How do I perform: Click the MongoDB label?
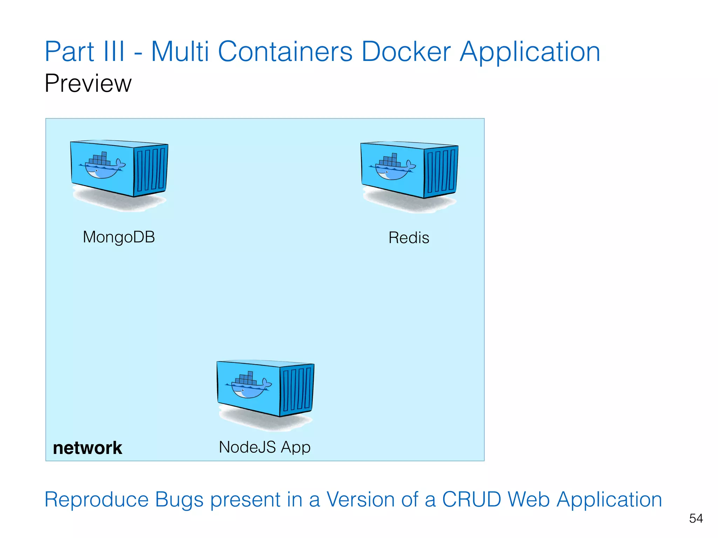[119, 237]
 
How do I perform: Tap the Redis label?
[409, 238]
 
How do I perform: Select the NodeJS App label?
[265, 447]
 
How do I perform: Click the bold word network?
[88, 448]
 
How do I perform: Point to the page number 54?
[696, 518]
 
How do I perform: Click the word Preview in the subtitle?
[88, 83]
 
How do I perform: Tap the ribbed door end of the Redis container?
[441, 171]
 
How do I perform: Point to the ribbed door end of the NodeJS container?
[297, 390]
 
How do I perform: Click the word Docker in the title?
[406, 52]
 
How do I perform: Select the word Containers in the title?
[285, 52]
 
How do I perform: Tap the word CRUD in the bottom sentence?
[472, 499]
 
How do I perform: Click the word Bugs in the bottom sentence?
[179, 499]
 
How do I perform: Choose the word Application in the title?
[530, 52]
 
